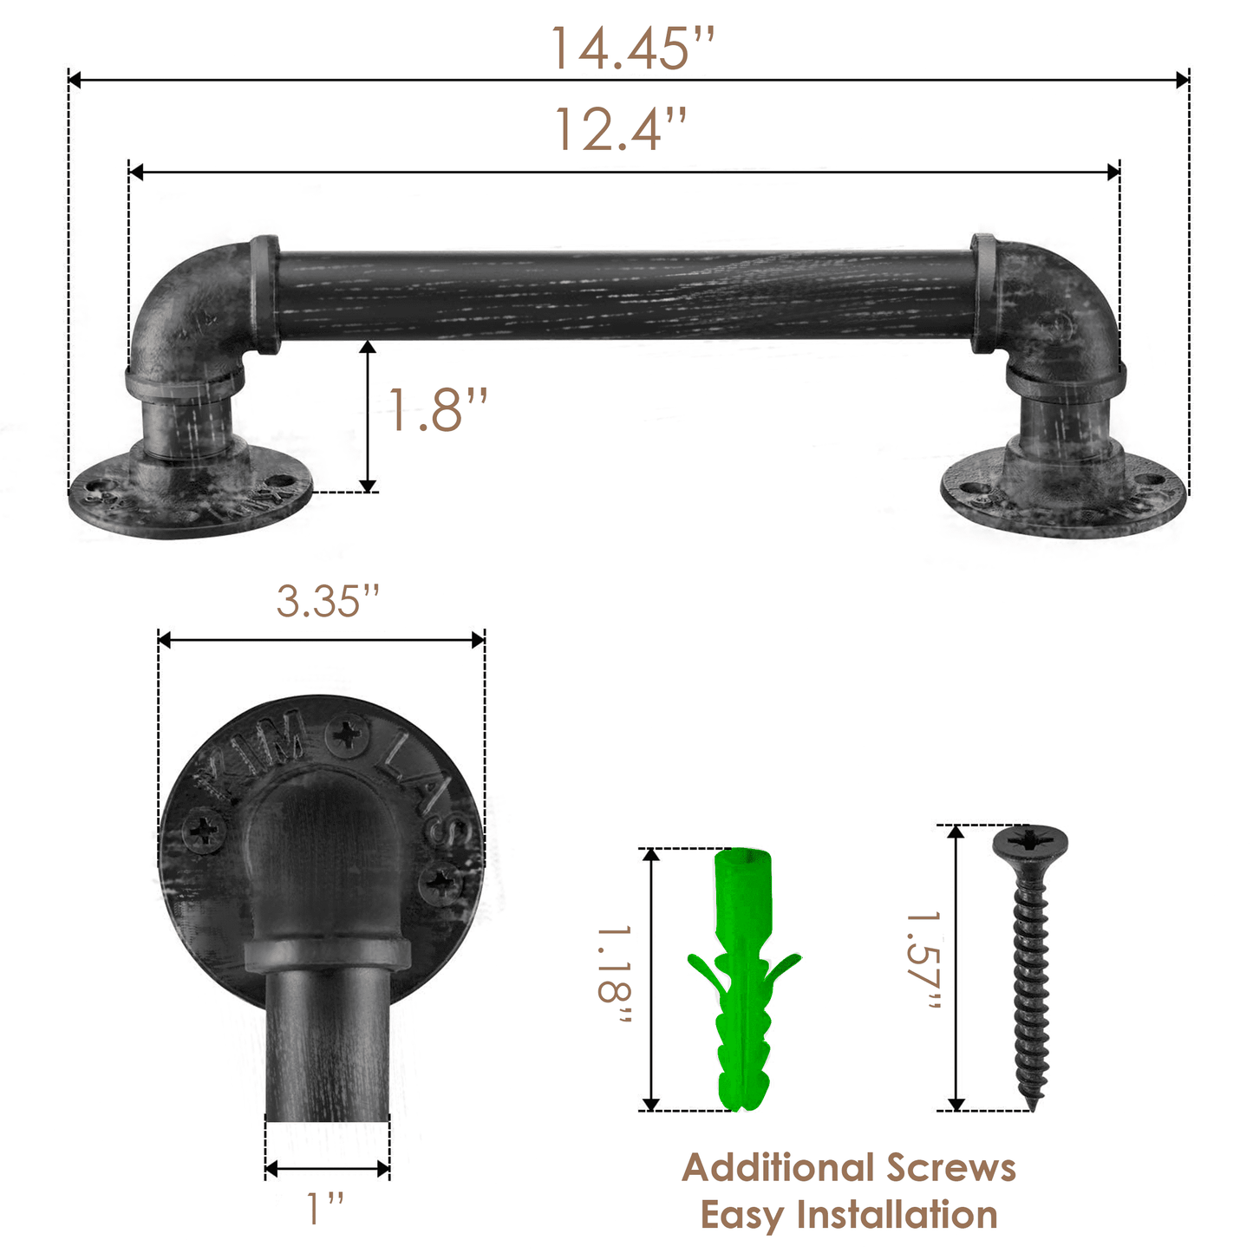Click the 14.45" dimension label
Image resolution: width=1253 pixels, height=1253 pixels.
[x=632, y=49]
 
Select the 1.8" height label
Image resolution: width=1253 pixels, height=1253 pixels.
[x=436, y=410]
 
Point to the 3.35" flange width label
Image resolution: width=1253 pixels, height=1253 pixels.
[x=328, y=601]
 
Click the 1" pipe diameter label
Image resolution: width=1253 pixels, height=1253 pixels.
[x=325, y=1209]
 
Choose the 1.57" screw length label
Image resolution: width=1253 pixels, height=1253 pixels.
[x=923, y=961]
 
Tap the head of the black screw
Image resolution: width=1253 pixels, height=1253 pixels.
[x=1030, y=841]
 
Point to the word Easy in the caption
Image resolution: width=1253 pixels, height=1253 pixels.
[x=742, y=1215]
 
